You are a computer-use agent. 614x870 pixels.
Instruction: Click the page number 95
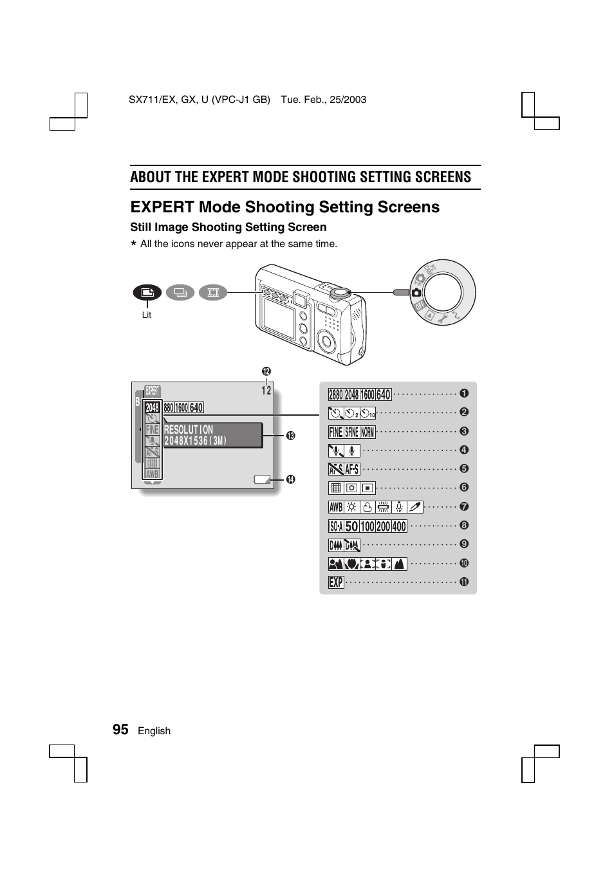pos(120,729)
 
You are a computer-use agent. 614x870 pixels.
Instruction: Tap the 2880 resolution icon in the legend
pos(336,394)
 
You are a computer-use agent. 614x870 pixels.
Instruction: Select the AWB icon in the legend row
pos(336,507)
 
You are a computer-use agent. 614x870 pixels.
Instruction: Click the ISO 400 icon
pos(399,526)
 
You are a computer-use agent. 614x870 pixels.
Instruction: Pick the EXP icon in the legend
pos(336,582)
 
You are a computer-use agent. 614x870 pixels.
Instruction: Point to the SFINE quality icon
pos(351,432)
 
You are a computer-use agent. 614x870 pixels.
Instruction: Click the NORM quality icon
pos(367,432)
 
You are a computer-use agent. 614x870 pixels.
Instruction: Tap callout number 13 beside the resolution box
pos(290,436)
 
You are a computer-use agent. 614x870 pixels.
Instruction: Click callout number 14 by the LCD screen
pos(290,479)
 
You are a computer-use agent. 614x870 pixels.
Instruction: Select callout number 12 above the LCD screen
pos(266,371)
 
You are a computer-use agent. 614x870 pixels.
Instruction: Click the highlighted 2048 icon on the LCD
pos(153,408)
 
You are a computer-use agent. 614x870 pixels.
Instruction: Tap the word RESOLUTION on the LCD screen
pos(189,430)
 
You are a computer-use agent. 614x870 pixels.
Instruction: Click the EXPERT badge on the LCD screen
pos(153,391)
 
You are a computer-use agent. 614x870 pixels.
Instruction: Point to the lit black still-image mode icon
pos(147,293)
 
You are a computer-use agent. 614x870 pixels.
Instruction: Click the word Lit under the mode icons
pos(147,315)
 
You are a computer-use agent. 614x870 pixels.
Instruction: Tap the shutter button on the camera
pos(339,292)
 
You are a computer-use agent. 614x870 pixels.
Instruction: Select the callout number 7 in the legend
pos(464,507)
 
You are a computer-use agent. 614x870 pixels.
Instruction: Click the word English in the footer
pos(154,731)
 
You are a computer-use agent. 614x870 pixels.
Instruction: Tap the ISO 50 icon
pos(351,526)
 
